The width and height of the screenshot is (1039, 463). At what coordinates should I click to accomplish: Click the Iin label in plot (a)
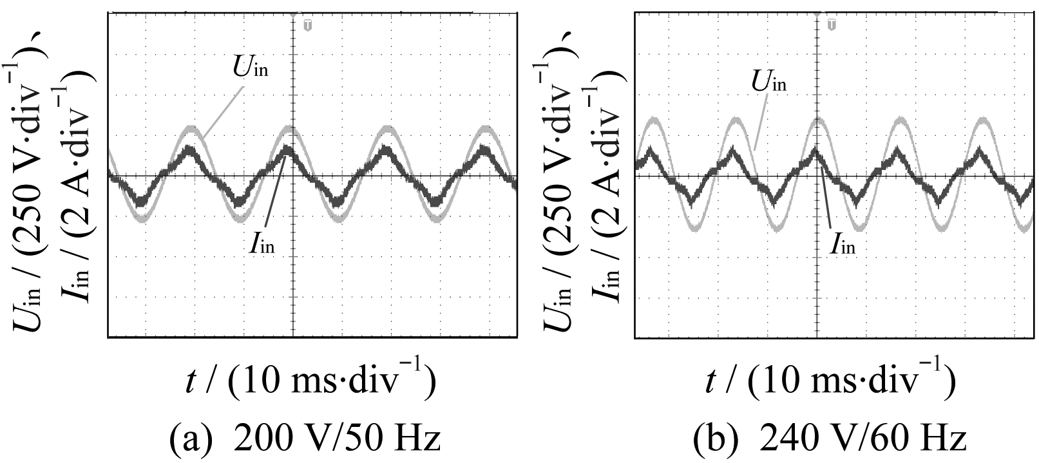pos(262,245)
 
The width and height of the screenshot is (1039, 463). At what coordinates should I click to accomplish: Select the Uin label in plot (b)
pos(768,82)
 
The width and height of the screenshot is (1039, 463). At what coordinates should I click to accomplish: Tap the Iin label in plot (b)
pos(843,245)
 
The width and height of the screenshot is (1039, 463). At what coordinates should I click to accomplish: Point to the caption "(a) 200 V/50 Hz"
pos(305,440)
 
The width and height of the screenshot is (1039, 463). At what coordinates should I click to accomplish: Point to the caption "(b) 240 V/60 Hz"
pos(830,440)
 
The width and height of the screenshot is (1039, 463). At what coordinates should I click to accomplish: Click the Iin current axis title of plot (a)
pos(77,187)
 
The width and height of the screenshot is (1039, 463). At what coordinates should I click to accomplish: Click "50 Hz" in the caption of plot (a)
pos(399,440)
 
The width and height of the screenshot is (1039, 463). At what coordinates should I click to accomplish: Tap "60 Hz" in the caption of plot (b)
pos(925,440)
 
